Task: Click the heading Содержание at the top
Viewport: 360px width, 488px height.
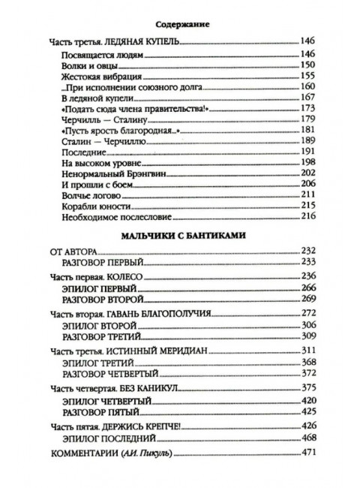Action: (180, 23)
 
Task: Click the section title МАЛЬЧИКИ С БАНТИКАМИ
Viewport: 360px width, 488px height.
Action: (180, 236)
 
